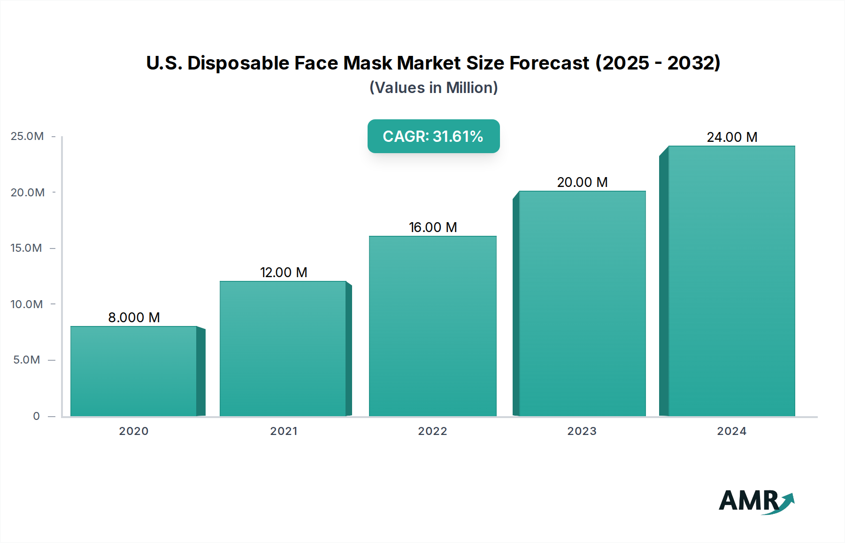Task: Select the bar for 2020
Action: tap(134, 371)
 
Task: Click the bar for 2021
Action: tap(283, 349)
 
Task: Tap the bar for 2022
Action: tap(432, 326)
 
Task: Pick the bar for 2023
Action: tap(582, 303)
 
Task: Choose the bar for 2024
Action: tap(731, 281)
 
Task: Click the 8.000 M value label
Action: tap(134, 318)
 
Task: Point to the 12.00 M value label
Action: tap(284, 272)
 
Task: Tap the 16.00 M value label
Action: tap(432, 227)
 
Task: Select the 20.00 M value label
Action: tap(582, 182)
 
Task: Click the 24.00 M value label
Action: tap(732, 137)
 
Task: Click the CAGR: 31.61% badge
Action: tap(433, 136)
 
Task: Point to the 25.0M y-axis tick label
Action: tap(27, 136)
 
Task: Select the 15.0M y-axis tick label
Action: tap(26, 248)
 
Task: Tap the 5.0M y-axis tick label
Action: tap(27, 360)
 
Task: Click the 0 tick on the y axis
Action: tap(36, 416)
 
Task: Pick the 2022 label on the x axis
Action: tap(432, 431)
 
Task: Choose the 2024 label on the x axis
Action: tap(731, 431)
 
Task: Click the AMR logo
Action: tap(756, 501)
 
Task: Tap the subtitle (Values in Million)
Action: tap(433, 88)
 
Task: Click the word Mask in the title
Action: tap(368, 63)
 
